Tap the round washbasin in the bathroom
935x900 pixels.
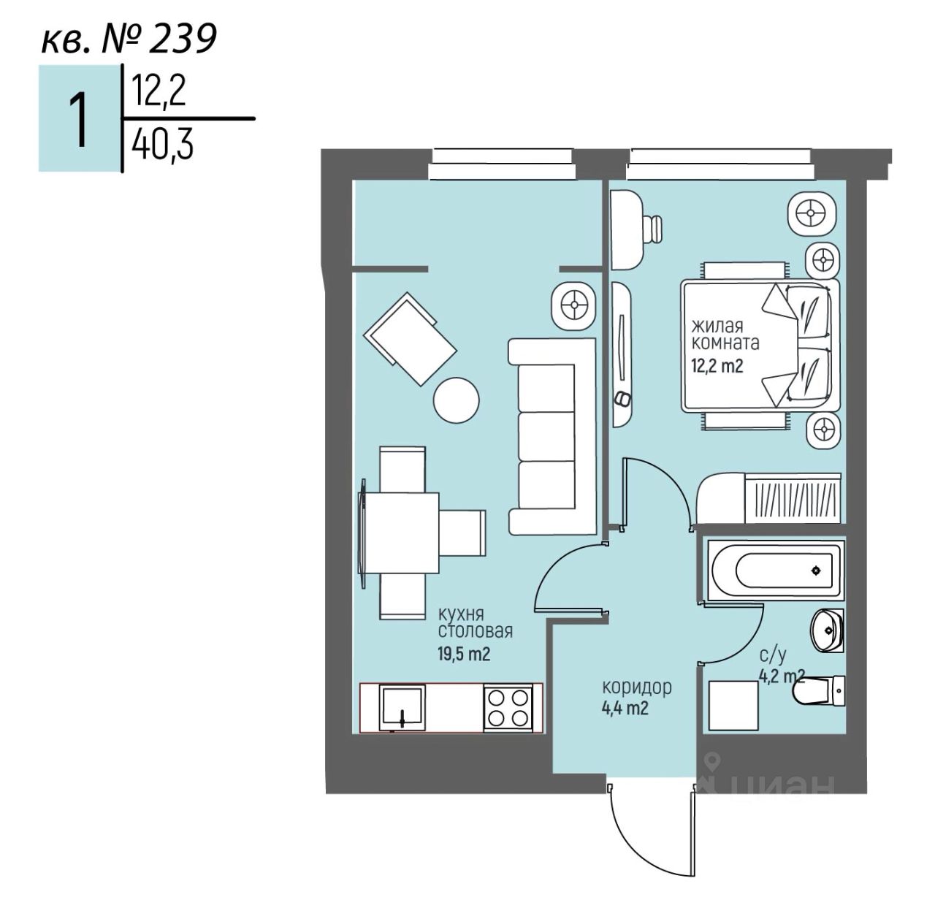click(x=828, y=628)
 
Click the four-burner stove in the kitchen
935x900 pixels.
click(x=506, y=707)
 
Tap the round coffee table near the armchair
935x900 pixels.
click(x=457, y=399)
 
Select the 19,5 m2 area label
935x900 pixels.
click(x=463, y=653)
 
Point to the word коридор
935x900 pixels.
click(x=636, y=687)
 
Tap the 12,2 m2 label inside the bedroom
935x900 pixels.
click(x=717, y=365)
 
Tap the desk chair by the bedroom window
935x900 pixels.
click(x=652, y=227)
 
